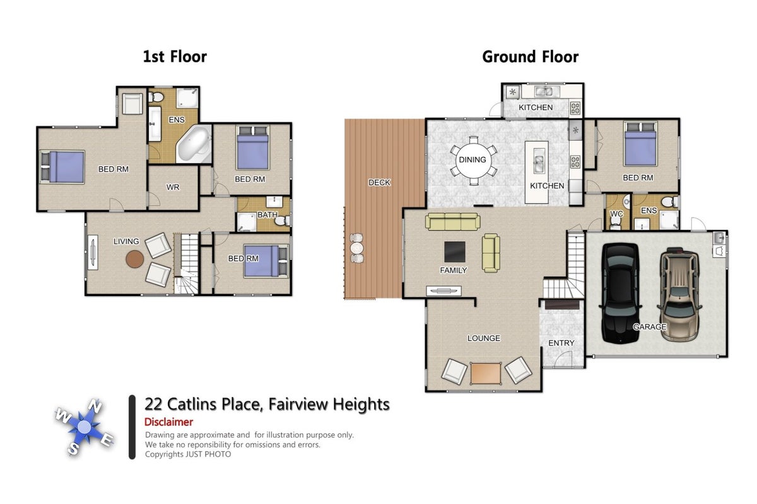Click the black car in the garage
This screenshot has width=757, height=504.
[620, 293]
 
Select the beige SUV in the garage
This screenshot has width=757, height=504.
[679, 294]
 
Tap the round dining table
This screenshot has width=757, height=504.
[472, 161]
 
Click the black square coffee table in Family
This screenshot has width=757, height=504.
[455, 251]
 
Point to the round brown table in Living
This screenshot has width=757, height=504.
[135, 260]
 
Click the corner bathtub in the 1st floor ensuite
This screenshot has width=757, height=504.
[194, 144]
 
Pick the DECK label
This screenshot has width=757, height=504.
[379, 183]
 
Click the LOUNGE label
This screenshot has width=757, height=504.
[484, 338]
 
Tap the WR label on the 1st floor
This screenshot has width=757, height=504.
[173, 187]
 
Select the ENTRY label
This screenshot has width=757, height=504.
[561, 343]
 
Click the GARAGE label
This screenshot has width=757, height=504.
[650, 327]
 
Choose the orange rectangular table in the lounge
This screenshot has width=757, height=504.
[486, 374]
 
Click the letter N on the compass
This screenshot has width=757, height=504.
[95, 406]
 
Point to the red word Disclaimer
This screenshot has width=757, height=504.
[168, 422]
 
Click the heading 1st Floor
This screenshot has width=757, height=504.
[175, 57]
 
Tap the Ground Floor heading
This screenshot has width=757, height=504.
[531, 57]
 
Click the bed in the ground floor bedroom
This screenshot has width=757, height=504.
[640, 144]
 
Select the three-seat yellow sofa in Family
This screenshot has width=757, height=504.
[452, 222]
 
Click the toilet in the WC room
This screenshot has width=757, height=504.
[616, 222]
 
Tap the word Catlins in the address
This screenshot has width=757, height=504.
[192, 404]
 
